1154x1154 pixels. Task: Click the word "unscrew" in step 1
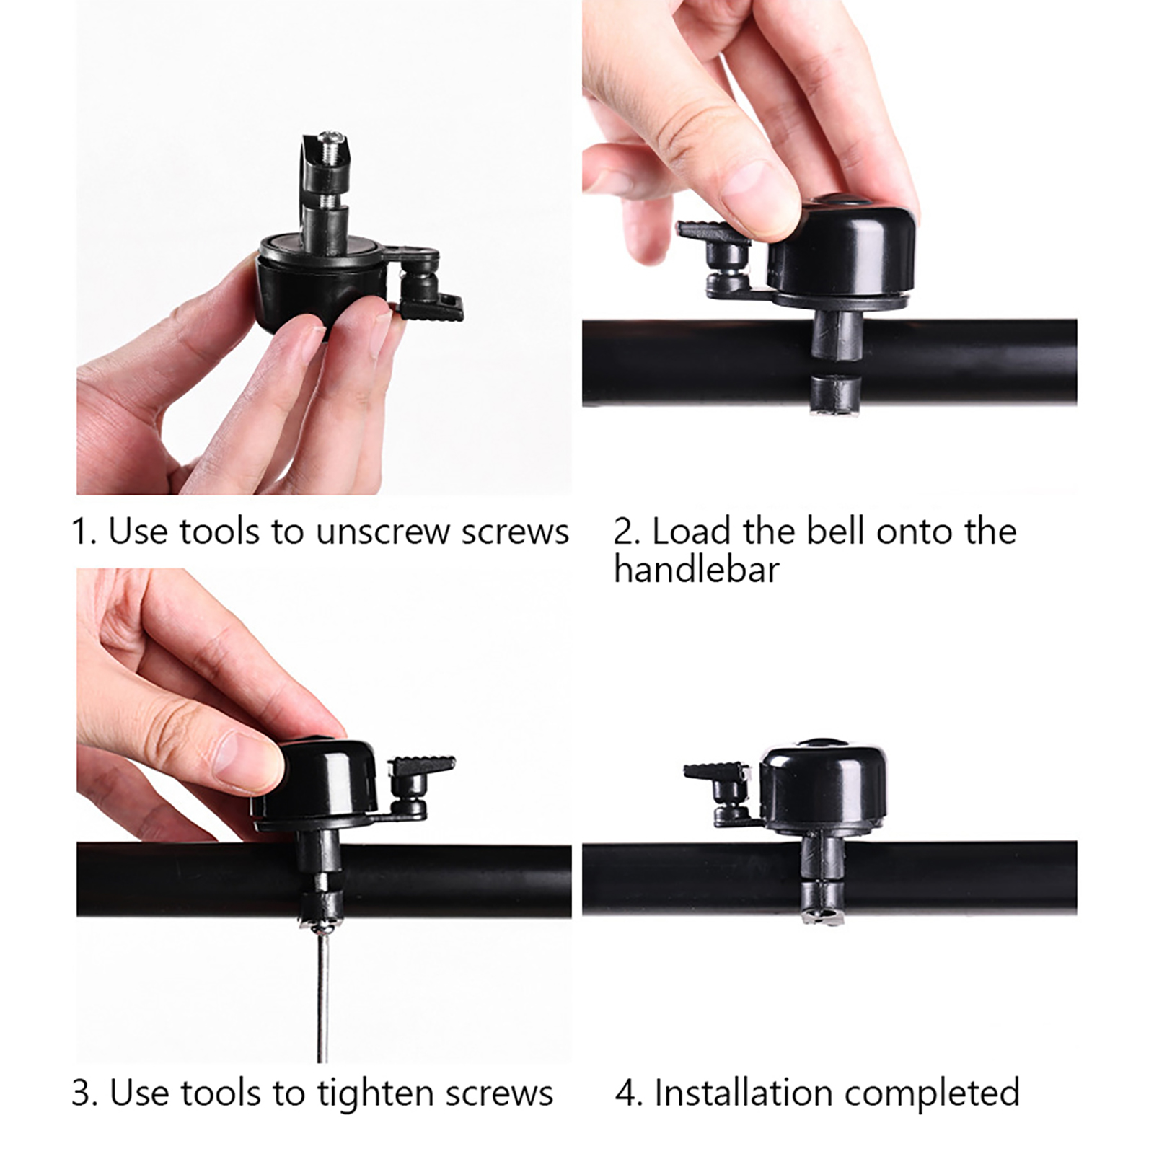tap(384, 532)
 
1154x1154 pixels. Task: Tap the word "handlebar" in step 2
tap(697, 569)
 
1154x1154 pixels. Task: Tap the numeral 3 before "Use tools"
tap(82, 1093)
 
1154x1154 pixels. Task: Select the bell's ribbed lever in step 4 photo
tap(715, 771)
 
